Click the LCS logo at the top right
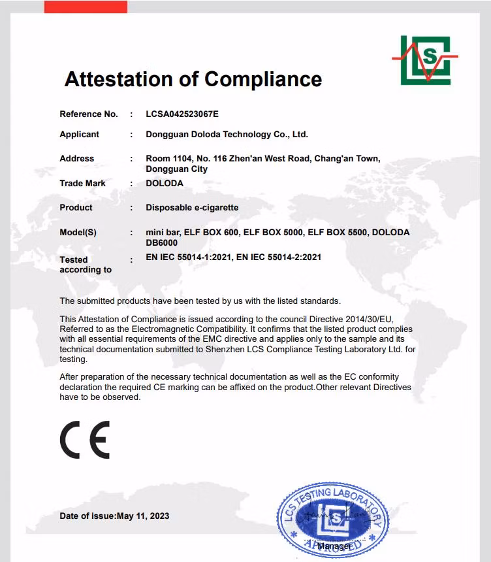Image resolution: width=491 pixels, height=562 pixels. click(424, 60)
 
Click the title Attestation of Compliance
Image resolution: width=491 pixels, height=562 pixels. click(193, 79)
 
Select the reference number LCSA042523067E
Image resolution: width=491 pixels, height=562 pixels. click(182, 114)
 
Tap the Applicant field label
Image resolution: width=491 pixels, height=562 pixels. click(80, 134)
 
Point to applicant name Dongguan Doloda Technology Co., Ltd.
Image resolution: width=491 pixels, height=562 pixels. click(227, 134)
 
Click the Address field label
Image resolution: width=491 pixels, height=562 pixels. click(77, 158)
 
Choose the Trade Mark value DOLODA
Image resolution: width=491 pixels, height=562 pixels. click(165, 183)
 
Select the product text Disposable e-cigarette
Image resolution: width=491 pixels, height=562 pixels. click(192, 207)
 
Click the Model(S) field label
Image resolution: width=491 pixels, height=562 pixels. click(78, 232)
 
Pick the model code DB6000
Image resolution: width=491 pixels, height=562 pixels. click(162, 242)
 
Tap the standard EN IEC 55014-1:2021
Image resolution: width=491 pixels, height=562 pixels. click(188, 257)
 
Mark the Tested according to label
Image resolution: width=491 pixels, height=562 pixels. click(85, 264)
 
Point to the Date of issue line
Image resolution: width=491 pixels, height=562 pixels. click(114, 516)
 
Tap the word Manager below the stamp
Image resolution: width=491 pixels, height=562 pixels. click(334, 545)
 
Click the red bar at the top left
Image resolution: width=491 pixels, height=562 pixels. click(86, 7)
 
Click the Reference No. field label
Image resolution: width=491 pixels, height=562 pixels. click(89, 114)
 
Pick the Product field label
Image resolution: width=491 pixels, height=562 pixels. click(76, 207)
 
